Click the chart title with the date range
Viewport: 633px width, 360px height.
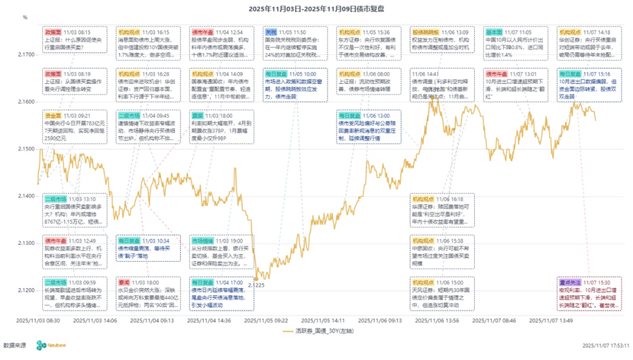[316, 8]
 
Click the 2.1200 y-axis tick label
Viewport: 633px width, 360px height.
[26, 290]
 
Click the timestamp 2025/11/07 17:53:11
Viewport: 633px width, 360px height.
[605, 346]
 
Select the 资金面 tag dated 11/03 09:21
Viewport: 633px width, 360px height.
[53, 115]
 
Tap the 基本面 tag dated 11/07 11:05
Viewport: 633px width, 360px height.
[494, 32]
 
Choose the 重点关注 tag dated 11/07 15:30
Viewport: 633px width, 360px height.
[570, 282]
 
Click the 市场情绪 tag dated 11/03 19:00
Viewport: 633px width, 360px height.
[203, 241]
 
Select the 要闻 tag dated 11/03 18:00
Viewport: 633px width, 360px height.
[123, 282]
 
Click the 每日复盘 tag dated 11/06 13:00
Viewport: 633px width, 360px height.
[350, 115]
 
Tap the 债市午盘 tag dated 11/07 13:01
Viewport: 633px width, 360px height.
[498, 73]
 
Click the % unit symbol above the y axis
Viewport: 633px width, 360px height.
[25, 18]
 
